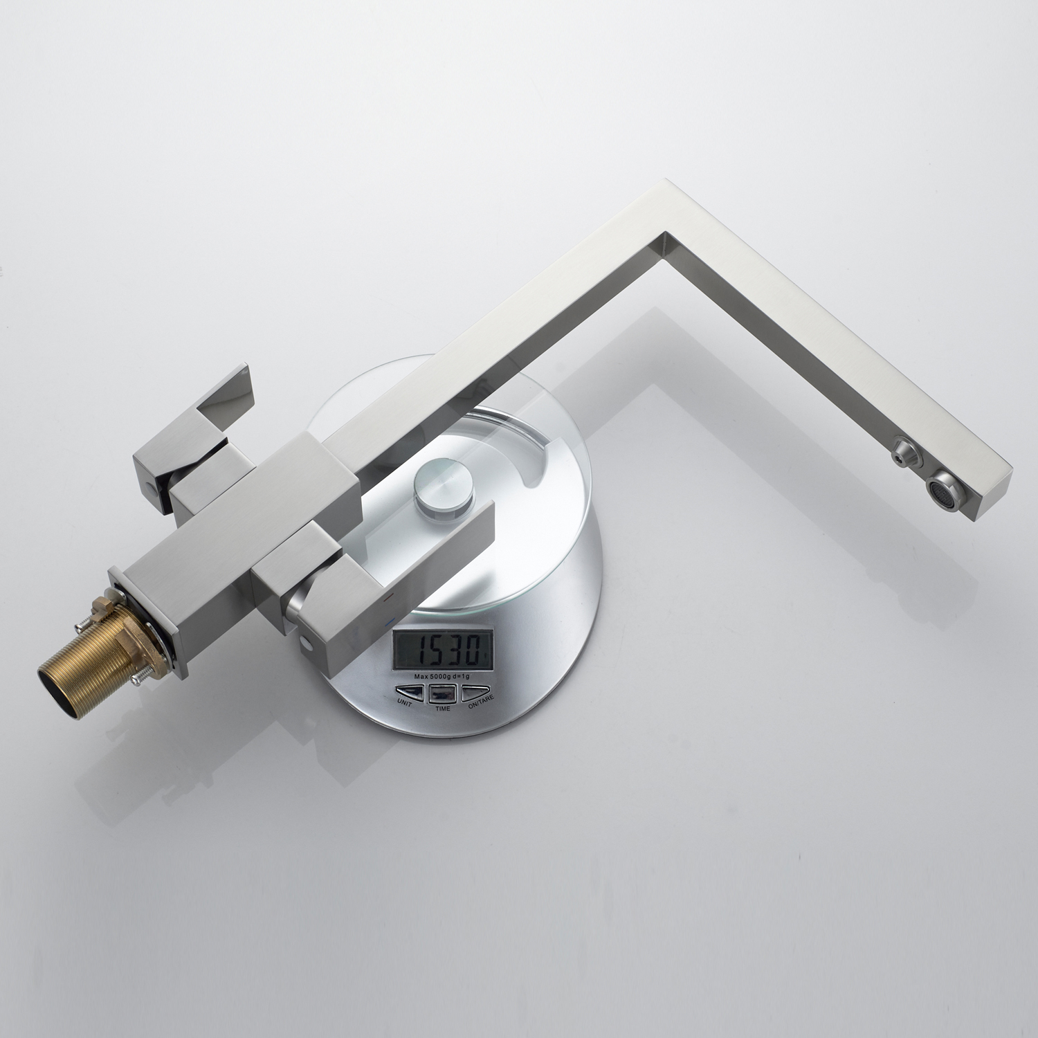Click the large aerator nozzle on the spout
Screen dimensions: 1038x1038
(x=945, y=484)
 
